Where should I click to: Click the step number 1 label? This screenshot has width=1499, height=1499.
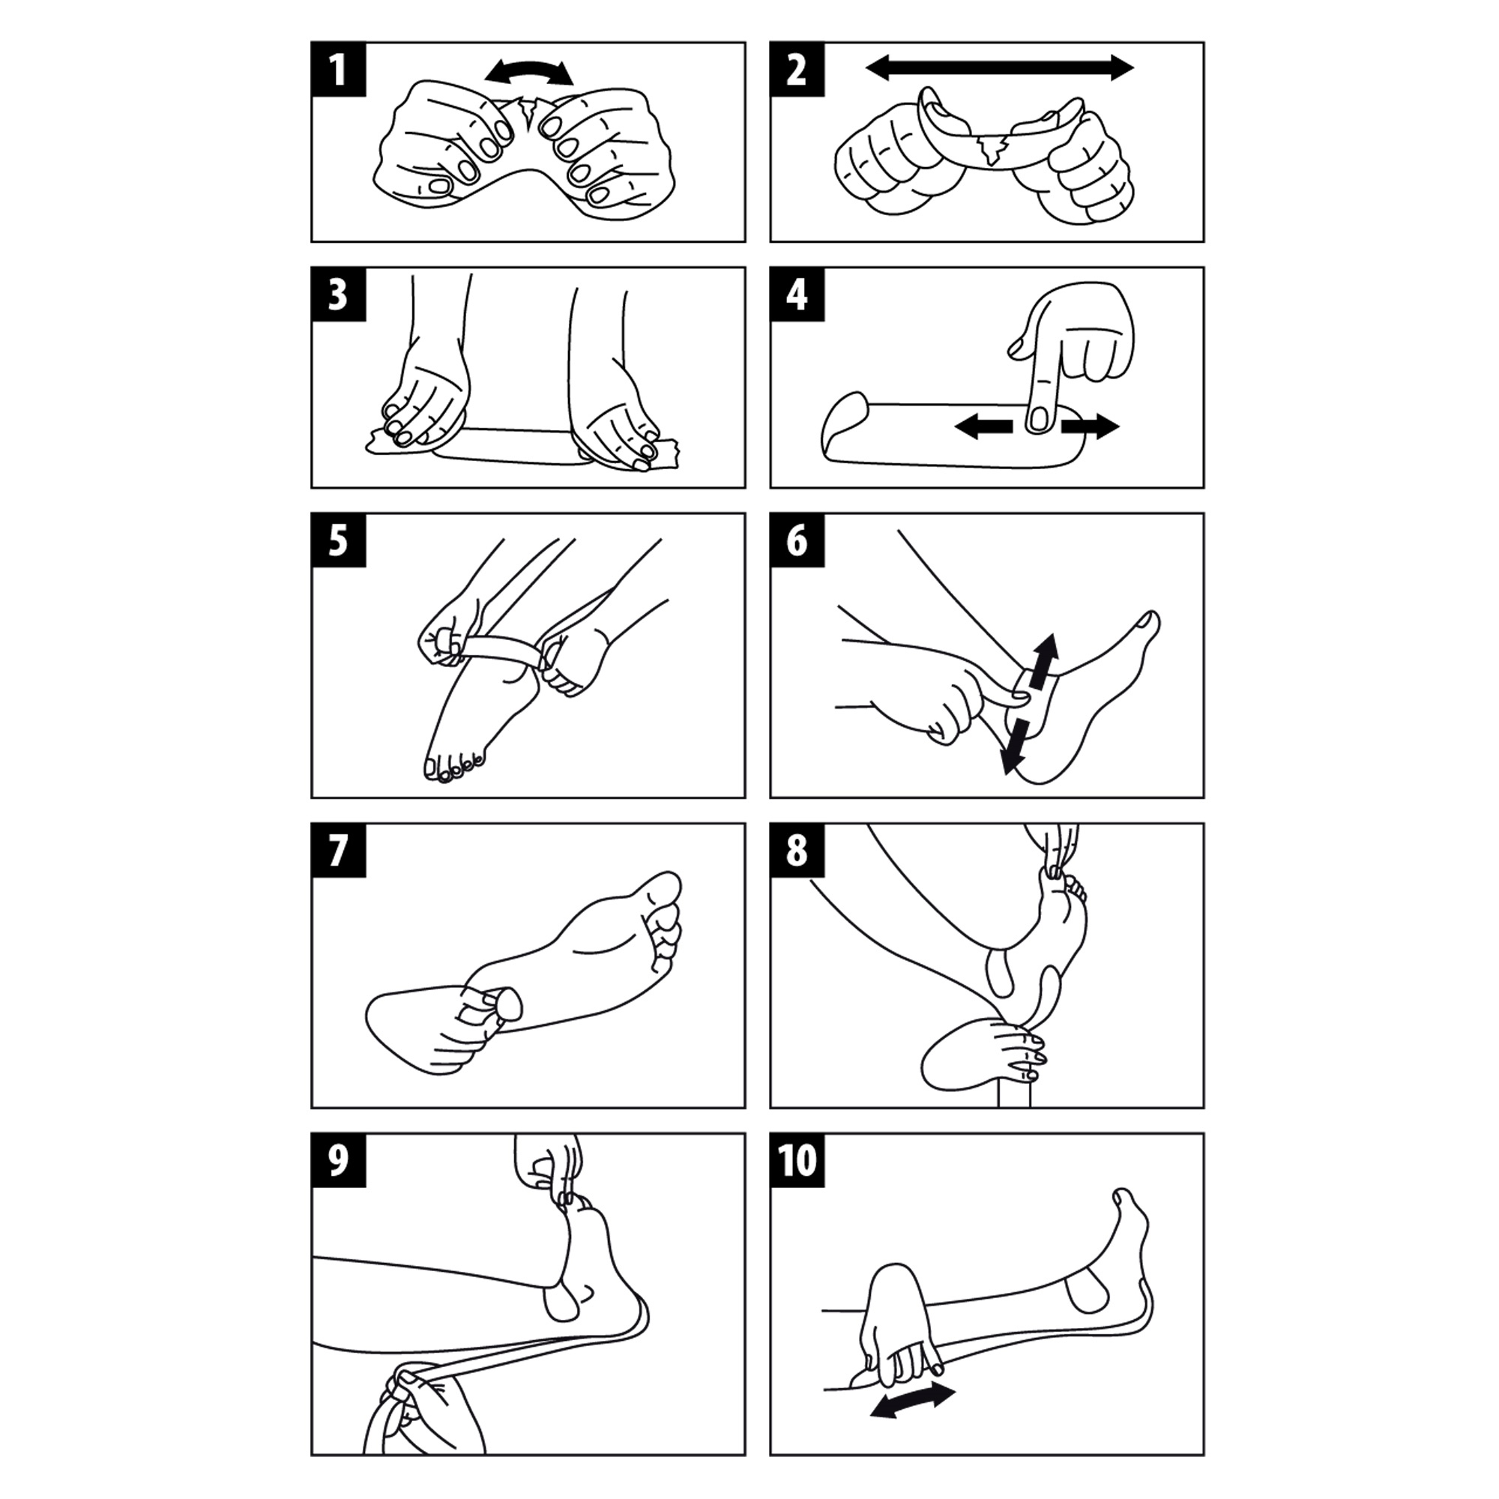338,70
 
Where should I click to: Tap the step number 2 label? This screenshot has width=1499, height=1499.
797,70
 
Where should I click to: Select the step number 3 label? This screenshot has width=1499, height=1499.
338,295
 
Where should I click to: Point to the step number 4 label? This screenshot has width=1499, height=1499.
797,295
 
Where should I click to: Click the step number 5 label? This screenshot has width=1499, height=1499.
338,541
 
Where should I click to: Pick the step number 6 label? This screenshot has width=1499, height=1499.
797,541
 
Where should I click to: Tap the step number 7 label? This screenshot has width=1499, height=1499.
338,851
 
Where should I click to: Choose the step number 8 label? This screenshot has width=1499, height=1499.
797,851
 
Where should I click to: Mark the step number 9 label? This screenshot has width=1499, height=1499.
338,1161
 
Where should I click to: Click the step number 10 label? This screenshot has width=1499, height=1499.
797,1161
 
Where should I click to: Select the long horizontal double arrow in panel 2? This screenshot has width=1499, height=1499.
999,67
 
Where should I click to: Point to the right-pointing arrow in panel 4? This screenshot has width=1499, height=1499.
1090,426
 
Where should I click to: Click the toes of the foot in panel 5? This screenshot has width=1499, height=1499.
454,767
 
